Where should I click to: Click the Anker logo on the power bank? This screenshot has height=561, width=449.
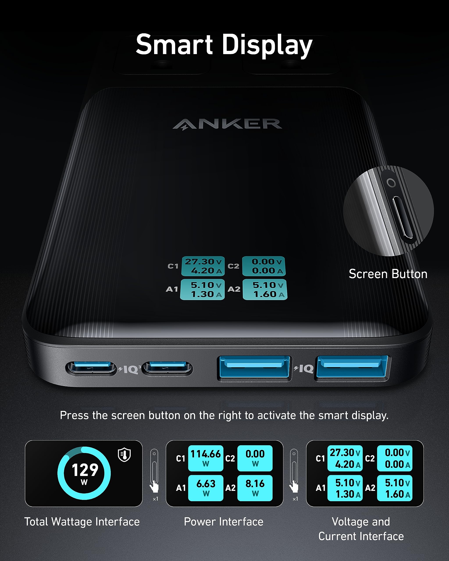tap(227, 124)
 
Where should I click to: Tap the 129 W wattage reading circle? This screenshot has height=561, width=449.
tap(84, 473)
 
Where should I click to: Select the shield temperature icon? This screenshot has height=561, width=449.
tap(125, 454)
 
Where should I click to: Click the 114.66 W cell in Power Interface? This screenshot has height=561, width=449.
tap(206, 458)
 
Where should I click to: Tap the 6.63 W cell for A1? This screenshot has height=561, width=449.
tap(206, 488)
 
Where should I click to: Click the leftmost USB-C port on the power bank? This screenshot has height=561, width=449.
tap(91, 368)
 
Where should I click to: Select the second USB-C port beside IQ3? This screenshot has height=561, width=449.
tap(168, 368)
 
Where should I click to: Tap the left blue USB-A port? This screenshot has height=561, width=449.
tap(254, 367)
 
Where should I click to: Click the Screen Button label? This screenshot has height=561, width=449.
tap(388, 274)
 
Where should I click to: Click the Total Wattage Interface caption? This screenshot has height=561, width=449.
tap(82, 522)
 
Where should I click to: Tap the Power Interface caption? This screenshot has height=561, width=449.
tap(224, 522)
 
